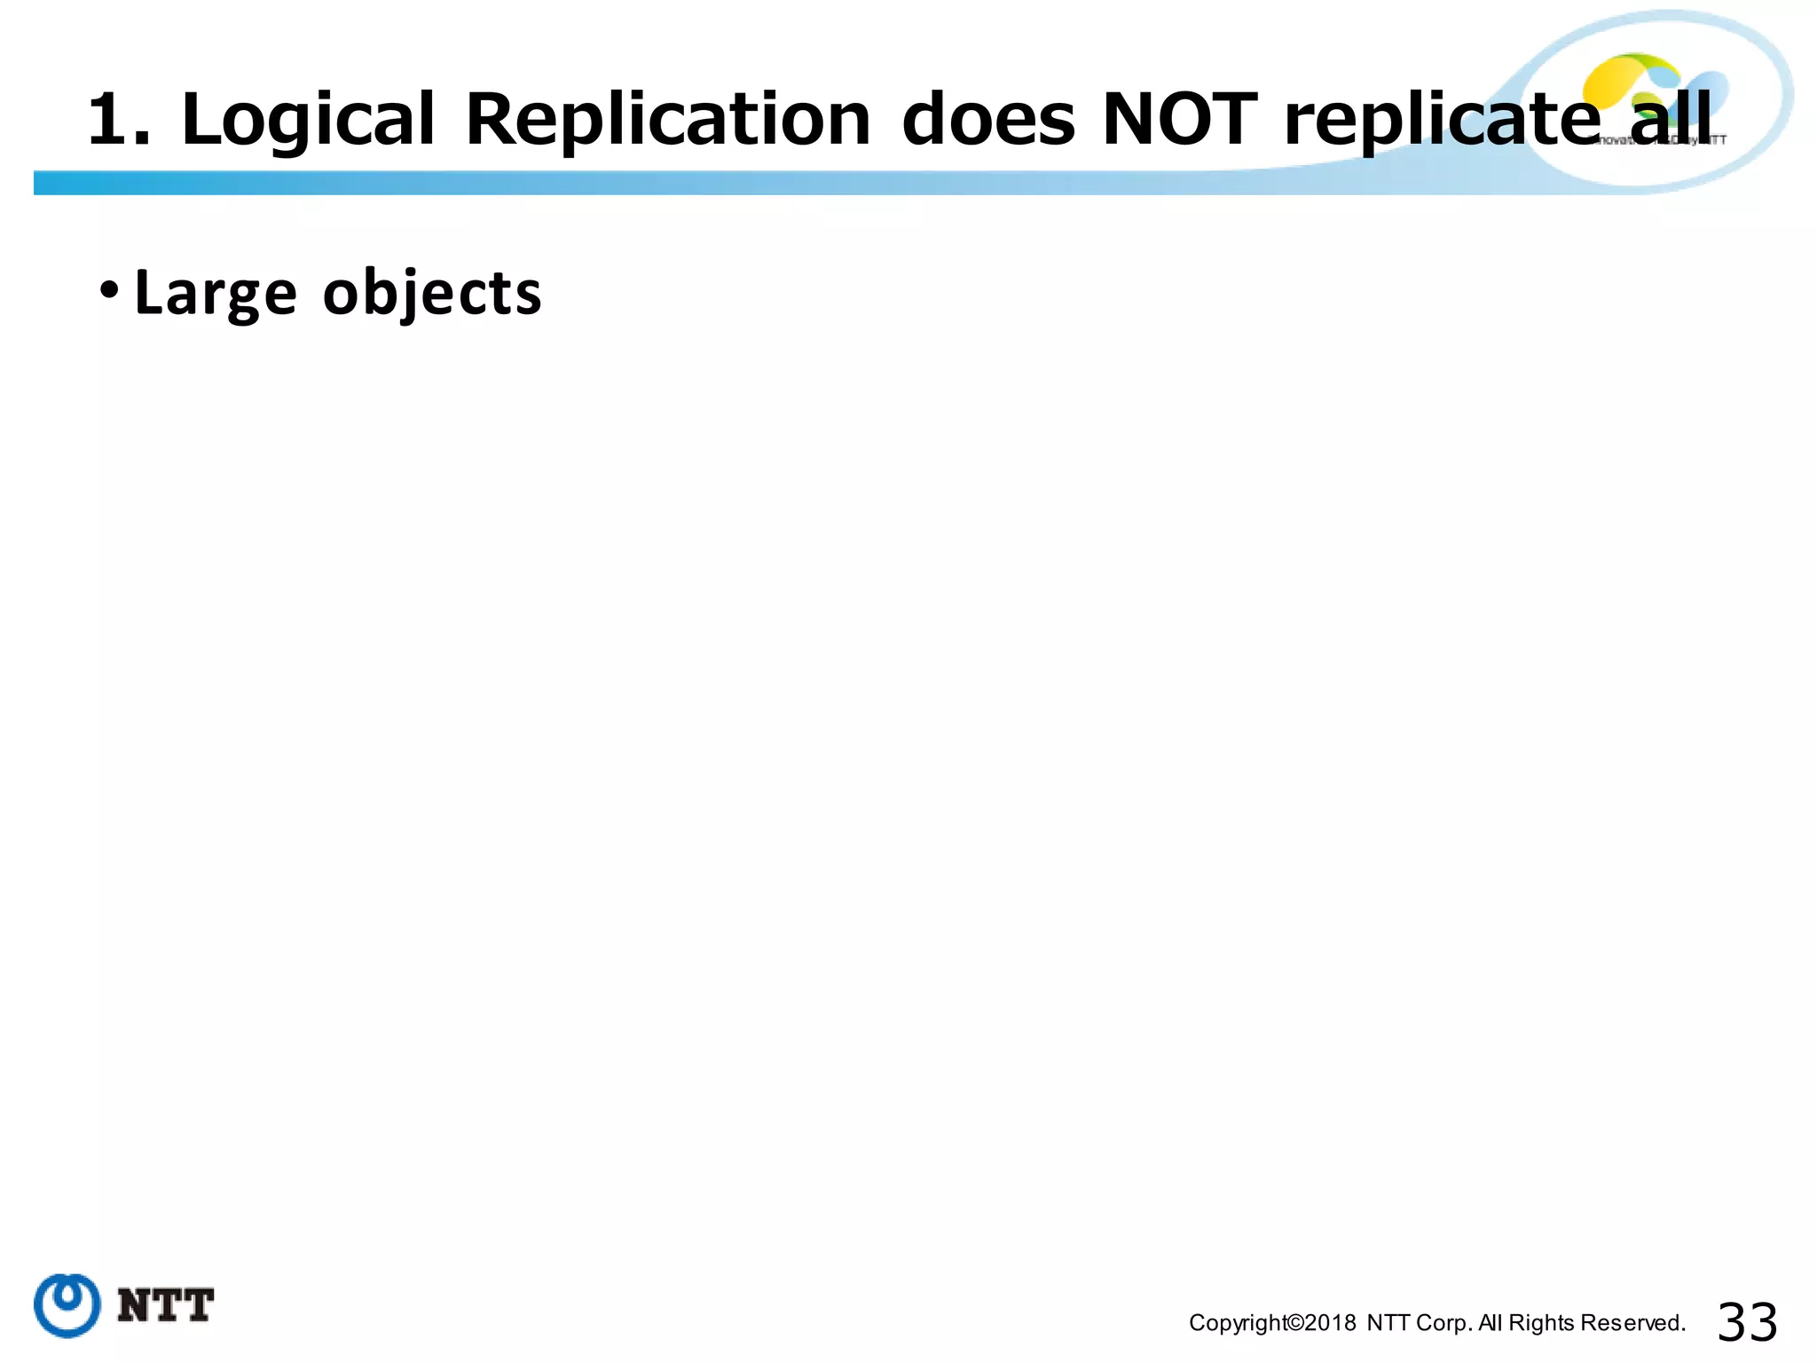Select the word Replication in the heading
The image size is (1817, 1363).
(667, 120)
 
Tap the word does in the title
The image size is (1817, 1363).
(987, 120)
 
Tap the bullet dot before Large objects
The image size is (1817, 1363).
(108, 289)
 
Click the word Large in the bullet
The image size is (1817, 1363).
(215, 294)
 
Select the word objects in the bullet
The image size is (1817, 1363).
(431, 294)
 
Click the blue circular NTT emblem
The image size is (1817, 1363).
(67, 1305)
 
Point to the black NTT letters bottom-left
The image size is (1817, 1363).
(165, 1306)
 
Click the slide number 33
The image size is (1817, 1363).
(1747, 1322)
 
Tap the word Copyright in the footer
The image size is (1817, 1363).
(1237, 1323)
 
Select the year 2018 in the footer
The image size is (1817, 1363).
(1330, 1323)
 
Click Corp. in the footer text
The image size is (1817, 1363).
(1444, 1323)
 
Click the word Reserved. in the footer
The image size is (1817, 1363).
(1632, 1323)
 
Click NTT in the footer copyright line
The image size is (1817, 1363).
(1388, 1323)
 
